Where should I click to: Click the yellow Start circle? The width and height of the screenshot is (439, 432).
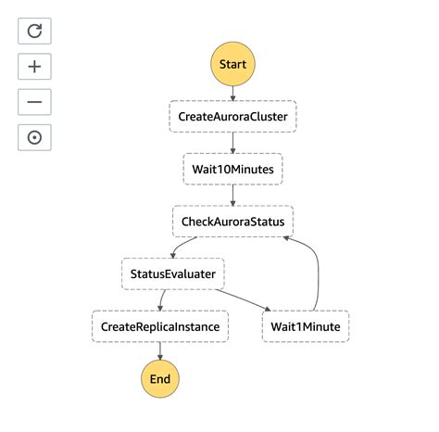point(232,64)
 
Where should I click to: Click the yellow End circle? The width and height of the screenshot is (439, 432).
point(160,379)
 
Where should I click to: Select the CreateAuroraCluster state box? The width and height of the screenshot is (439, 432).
point(232,117)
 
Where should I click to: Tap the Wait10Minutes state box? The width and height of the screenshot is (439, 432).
point(232,170)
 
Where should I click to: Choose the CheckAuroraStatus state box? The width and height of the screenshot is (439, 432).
point(232,222)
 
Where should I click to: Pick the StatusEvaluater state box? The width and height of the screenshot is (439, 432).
point(174,274)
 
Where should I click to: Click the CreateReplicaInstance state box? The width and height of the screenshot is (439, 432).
point(160,327)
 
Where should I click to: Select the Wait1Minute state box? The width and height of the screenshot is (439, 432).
point(306,327)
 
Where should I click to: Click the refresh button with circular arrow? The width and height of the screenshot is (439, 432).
point(34,31)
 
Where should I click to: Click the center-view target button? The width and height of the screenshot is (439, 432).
point(34,137)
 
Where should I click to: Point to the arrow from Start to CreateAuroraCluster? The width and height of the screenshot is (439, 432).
point(232,93)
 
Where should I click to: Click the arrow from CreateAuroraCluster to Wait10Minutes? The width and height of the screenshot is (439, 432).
point(232,143)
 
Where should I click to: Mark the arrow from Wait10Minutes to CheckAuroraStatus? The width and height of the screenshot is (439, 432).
point(232,196)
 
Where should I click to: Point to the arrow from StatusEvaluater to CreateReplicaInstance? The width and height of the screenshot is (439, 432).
point(162,300)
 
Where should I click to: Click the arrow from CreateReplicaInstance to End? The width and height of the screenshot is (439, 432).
point(160,351)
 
